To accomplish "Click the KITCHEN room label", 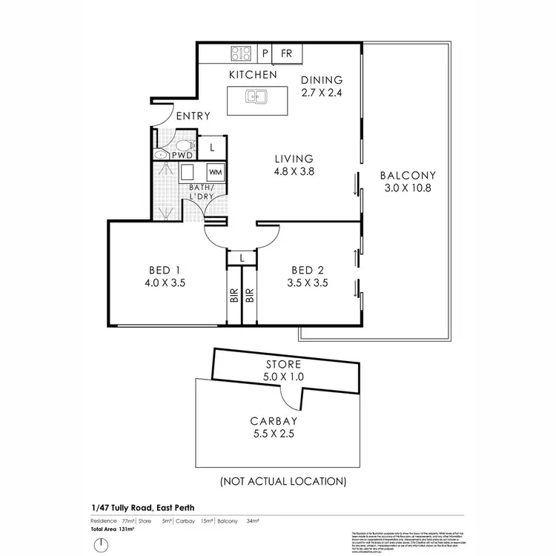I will coord(253,75).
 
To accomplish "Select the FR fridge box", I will coord(287,53).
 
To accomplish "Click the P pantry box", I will coord(265,53).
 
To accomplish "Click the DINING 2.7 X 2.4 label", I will coord(322,86).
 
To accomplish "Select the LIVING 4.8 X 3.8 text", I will coord(294,165).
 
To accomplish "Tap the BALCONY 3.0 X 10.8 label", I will coord(407,182).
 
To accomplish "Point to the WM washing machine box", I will coord(215,172).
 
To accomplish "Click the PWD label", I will coord(182,156).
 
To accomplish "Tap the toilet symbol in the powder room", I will coord(162,154).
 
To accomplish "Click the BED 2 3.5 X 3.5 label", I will coord(309,276).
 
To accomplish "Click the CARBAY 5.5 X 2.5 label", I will coord(274,428).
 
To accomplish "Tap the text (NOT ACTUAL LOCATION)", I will coord(282,480).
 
